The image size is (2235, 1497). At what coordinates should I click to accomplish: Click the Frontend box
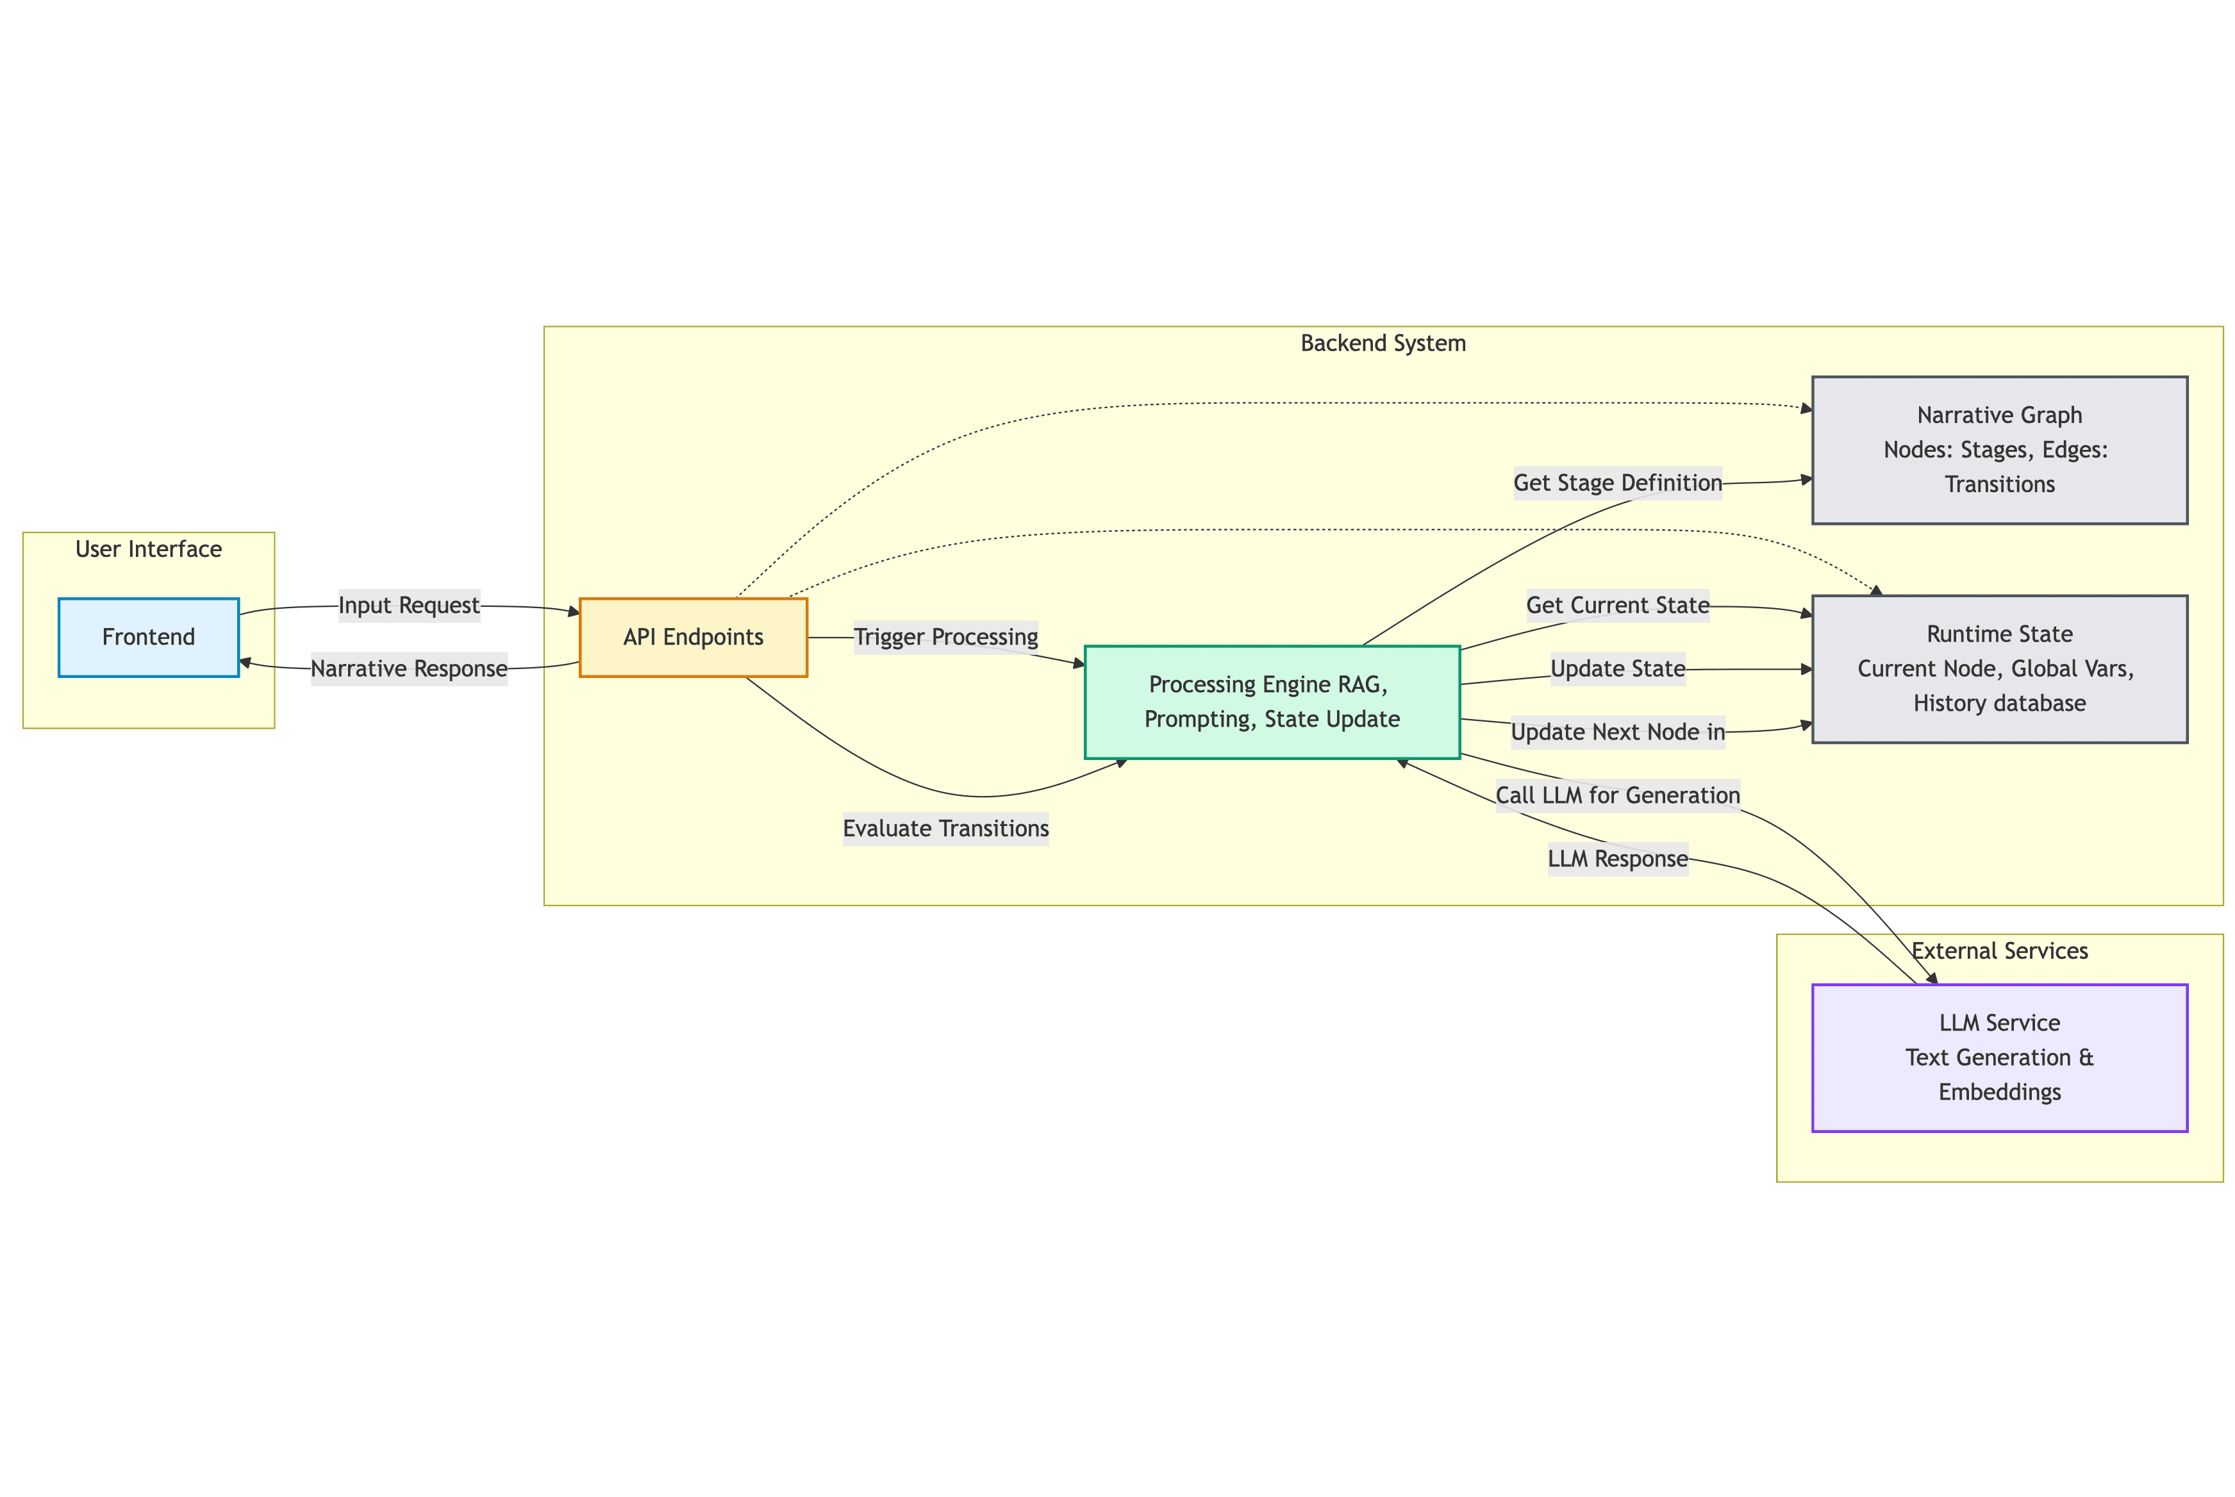click(x=148, y=638)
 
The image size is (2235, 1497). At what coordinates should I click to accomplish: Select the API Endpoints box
click(x=693, y=638)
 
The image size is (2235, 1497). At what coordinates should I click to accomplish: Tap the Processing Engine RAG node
click(x=1272, y=702)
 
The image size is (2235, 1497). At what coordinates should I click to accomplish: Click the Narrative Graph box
click(x=1999, y=450)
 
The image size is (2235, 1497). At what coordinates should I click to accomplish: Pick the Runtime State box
click(x=1999, y=669)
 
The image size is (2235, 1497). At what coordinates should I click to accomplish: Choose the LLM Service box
click(x=1999, y=1058)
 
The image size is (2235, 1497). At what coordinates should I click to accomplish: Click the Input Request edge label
click(x=409, y=606)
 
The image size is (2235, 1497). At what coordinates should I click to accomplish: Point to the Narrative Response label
click(x=409, y=669)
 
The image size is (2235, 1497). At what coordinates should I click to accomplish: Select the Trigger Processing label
click(x=945, y=637)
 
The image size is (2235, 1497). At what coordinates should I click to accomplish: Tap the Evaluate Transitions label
click(x=945, y=829)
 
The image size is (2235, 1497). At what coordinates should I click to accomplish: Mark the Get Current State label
click(x=1617, y=606)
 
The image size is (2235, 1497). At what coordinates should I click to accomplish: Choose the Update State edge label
click(x=1617, y=669)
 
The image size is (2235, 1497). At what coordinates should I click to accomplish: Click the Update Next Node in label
click(x=1617, y=732)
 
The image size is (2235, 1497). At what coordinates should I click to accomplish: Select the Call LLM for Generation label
click(x=1617, y=795)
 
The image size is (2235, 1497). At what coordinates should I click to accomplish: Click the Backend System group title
click(x=1383, y=343)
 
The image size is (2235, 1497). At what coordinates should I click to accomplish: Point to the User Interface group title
click(x=148, y=550)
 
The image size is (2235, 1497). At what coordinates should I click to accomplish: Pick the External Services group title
click(x=1999, y=951)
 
